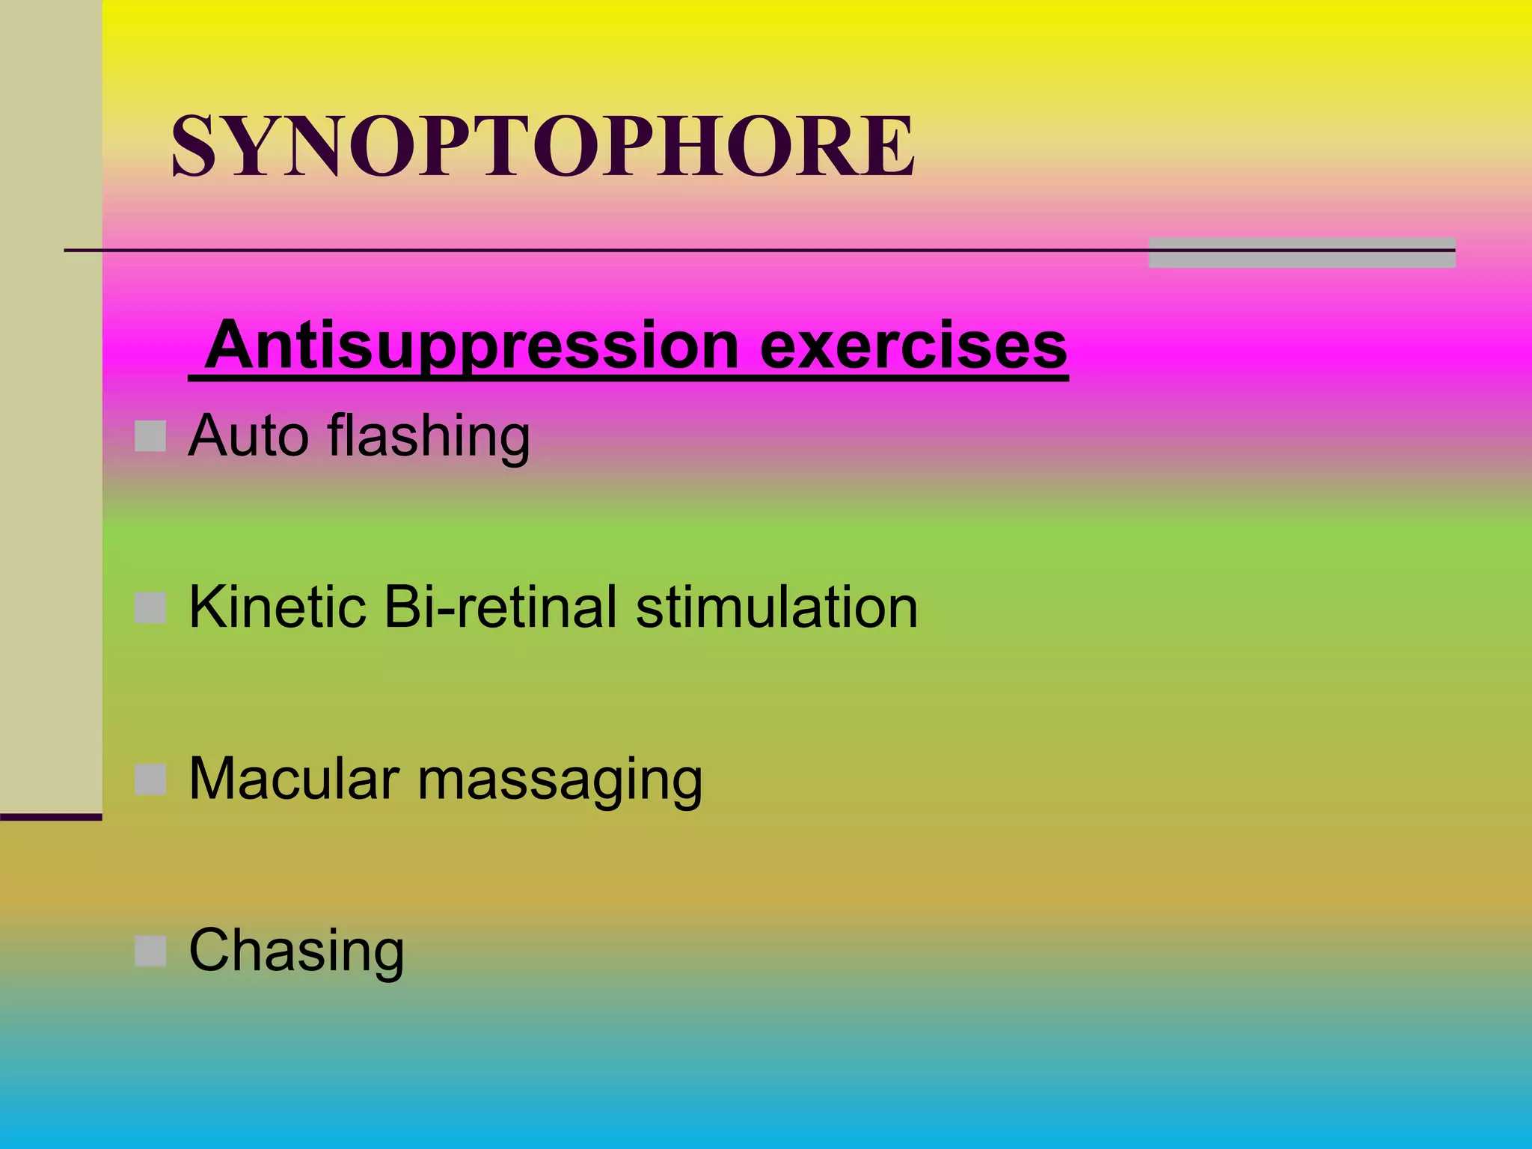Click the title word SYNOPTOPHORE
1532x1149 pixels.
543,146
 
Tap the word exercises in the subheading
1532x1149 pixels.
913,346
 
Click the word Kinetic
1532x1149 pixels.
278,607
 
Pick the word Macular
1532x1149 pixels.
294,779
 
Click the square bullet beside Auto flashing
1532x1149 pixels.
150,436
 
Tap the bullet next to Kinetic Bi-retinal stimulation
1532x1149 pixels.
150,608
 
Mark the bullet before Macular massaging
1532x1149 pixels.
150,779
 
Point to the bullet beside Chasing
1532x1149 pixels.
150,952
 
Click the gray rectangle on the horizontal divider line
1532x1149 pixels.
1302,253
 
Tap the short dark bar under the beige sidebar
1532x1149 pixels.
51,817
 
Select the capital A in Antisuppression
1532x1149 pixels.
233,345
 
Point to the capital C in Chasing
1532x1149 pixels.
211,951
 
